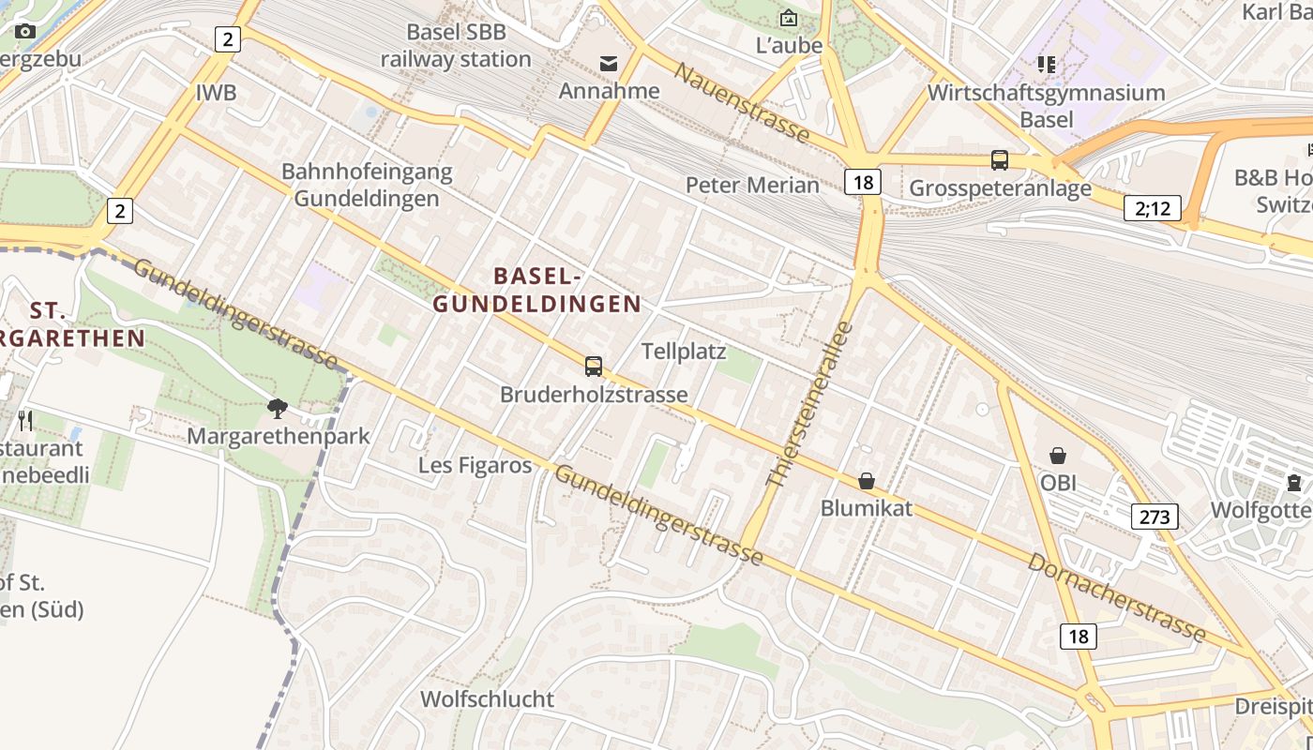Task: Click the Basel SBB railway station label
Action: click(x=456, y=45)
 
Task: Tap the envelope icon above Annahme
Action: click(x=609, y=64)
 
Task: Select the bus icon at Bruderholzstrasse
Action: click(x=594, y=367)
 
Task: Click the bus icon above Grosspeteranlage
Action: click(x=1000, y=160)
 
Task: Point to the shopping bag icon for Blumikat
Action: click(x=867, y=481)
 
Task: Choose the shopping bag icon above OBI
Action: click(x=1058, y=456)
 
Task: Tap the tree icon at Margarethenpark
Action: click(x=278, y=408)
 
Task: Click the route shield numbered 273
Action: click(x=1155, y=516)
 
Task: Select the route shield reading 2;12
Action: click(x=1153, y=208)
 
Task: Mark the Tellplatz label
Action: click(x=684, y=352)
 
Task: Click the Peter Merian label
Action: click(x=752, y=185)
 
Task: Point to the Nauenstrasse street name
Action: click(x=741, y=103)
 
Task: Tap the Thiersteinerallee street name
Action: click(x=808, y=405)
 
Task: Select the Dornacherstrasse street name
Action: click(x=1116, y=597)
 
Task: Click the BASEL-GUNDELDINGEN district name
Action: click(x=537, y=290)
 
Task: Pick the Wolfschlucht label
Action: click(x=487, y=699)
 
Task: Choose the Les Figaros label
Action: click(x=475, y=465)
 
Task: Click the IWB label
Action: click(x=216, y=93)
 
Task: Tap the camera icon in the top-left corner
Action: click(x=25, y=31)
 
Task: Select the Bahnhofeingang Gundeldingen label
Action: click(x=367, y=185)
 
